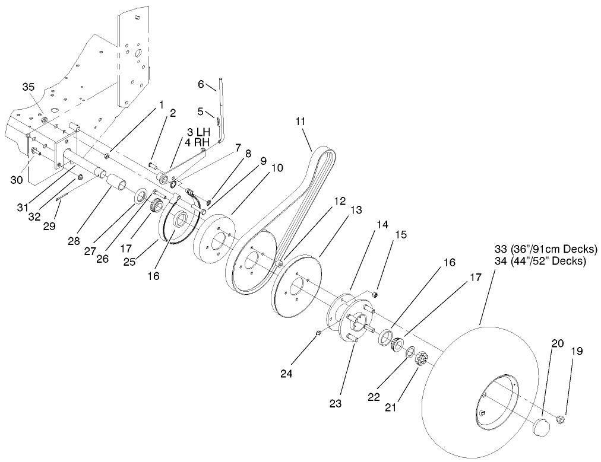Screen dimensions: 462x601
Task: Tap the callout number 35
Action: tap(29, 87)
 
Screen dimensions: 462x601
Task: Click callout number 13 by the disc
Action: tap(355, 210)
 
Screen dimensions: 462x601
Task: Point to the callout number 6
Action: tap(201, 85)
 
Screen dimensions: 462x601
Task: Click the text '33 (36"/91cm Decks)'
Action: tap(546, 249)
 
